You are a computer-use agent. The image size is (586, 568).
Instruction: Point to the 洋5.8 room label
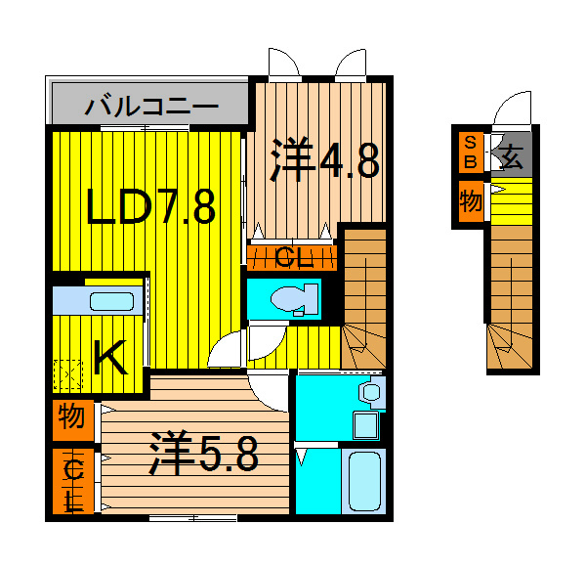click(203, 454)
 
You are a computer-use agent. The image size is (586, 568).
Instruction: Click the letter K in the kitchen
click(109, 360)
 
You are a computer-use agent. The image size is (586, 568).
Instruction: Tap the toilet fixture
click(294, 298)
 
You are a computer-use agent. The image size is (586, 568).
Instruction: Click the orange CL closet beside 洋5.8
click(74, 482)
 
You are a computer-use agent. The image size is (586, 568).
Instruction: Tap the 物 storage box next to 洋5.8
click(72, 418)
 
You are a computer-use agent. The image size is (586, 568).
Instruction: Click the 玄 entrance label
click(511, 155)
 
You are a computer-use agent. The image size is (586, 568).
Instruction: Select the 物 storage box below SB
click(471, 202)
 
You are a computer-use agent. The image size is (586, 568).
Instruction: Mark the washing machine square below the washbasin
click(365, 424)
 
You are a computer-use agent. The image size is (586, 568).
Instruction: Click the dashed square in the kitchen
click(67, 374)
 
